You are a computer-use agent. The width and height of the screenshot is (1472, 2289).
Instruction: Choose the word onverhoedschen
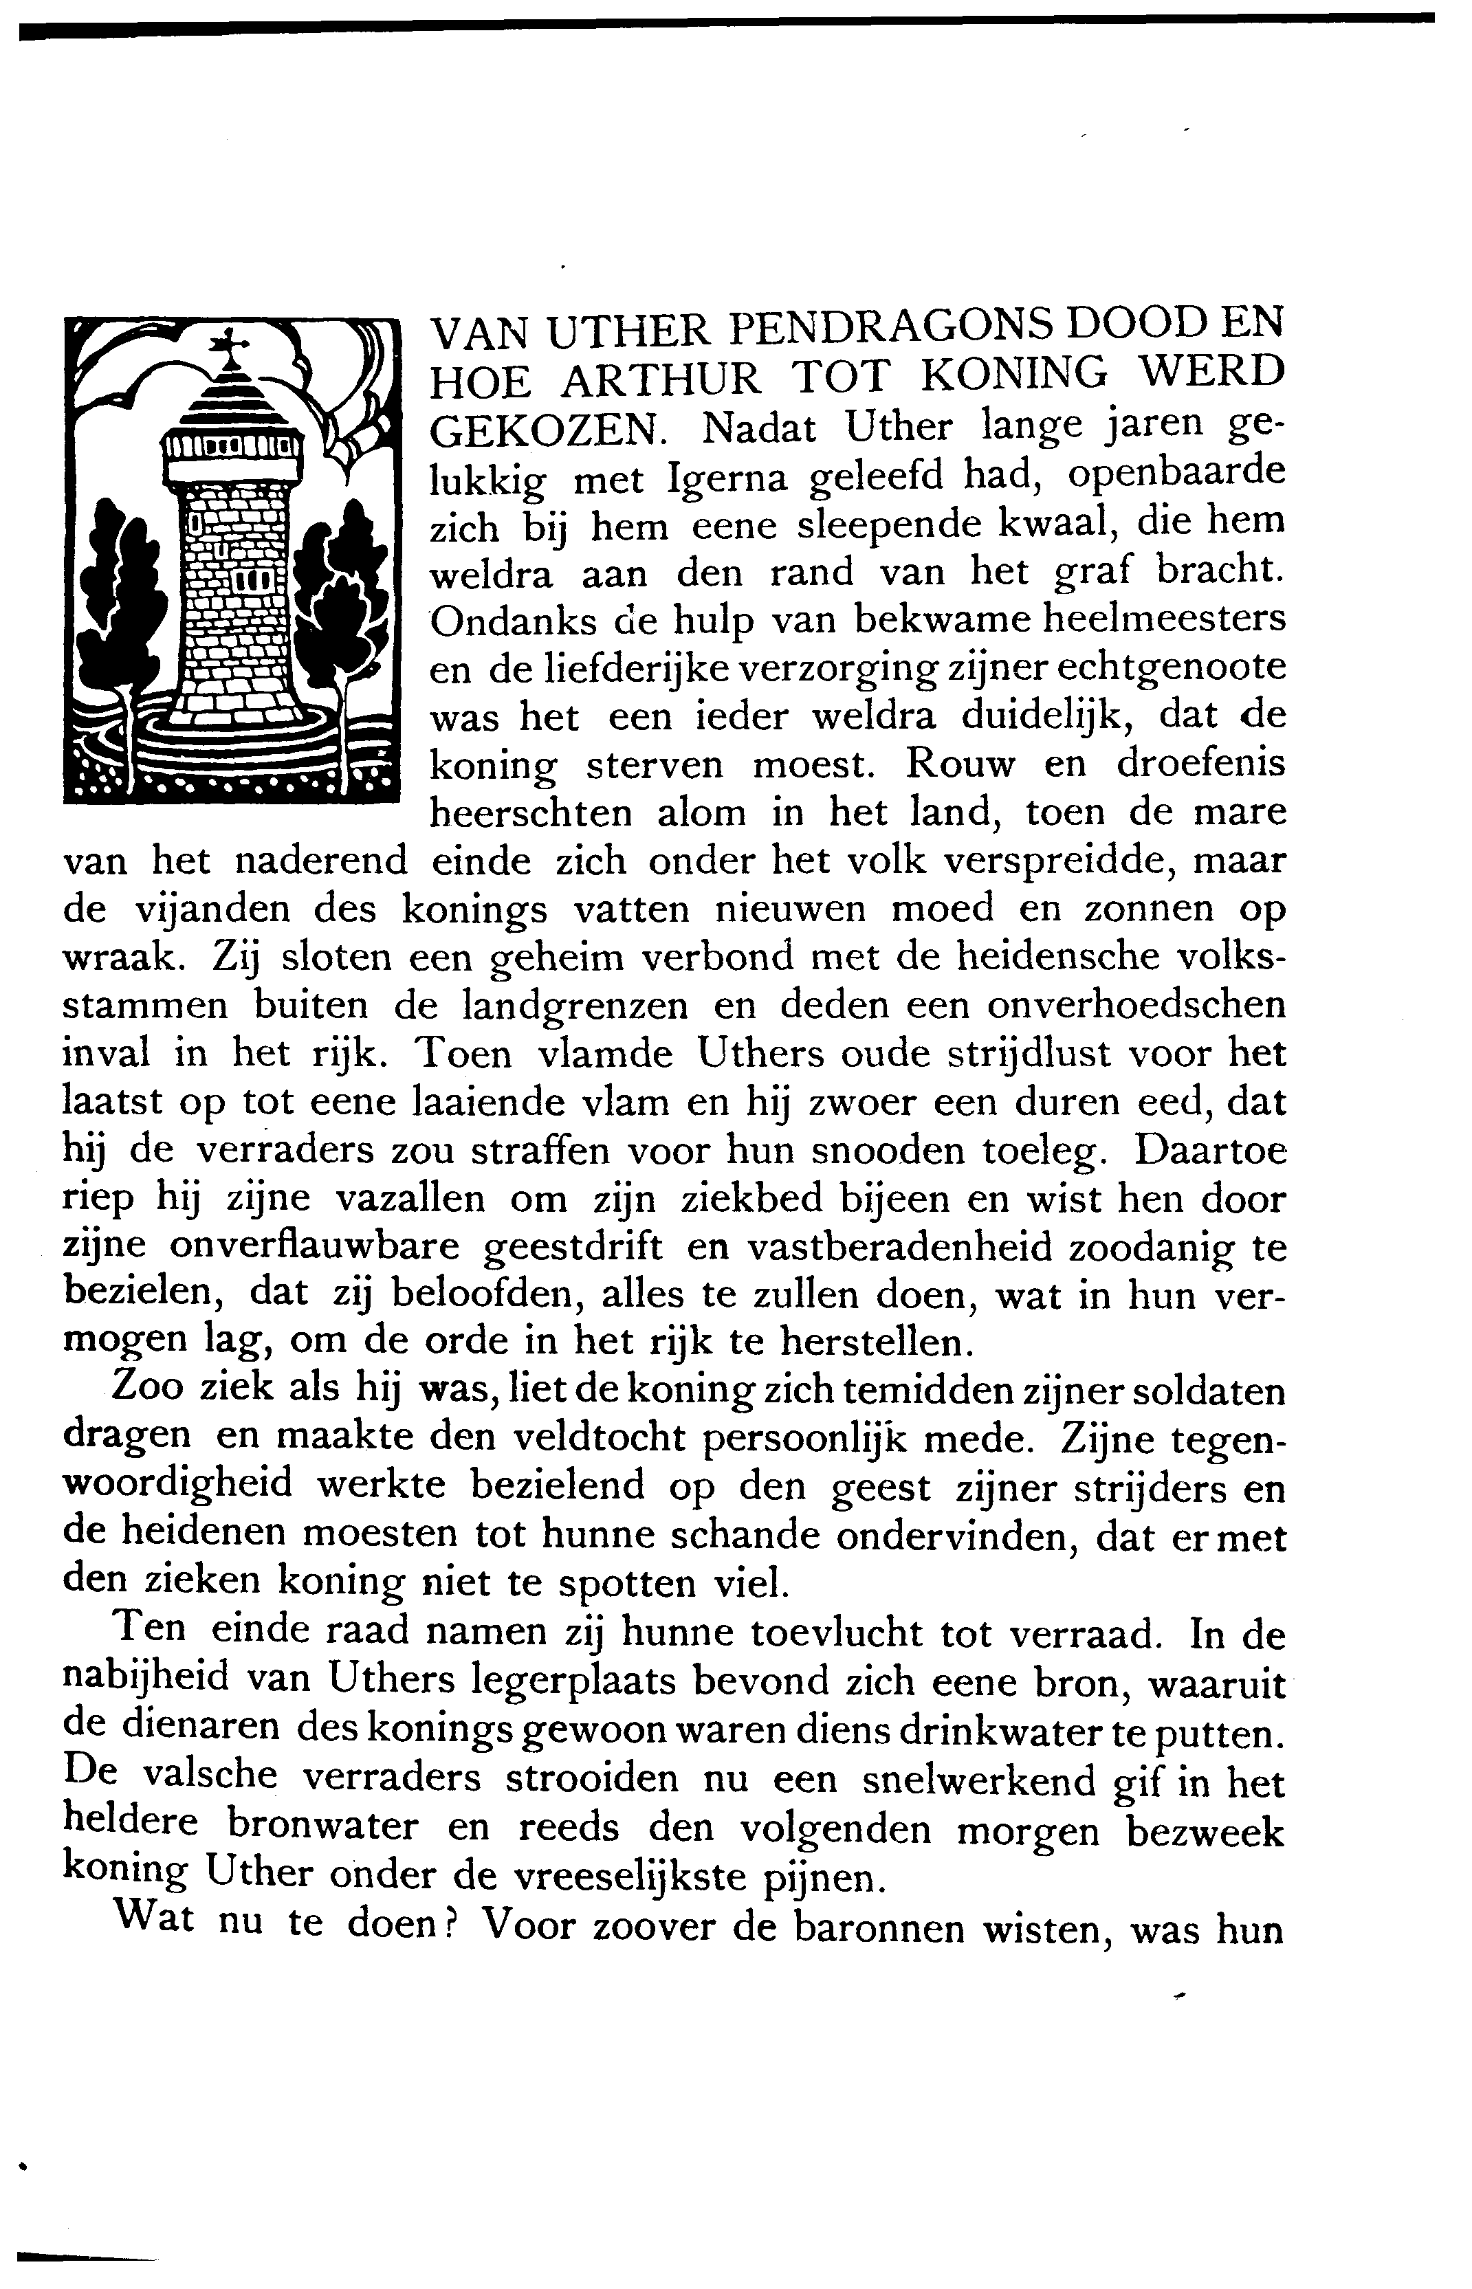point(1136,1005)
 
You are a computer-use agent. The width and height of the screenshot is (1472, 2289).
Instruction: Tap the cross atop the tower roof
point(230,342)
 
